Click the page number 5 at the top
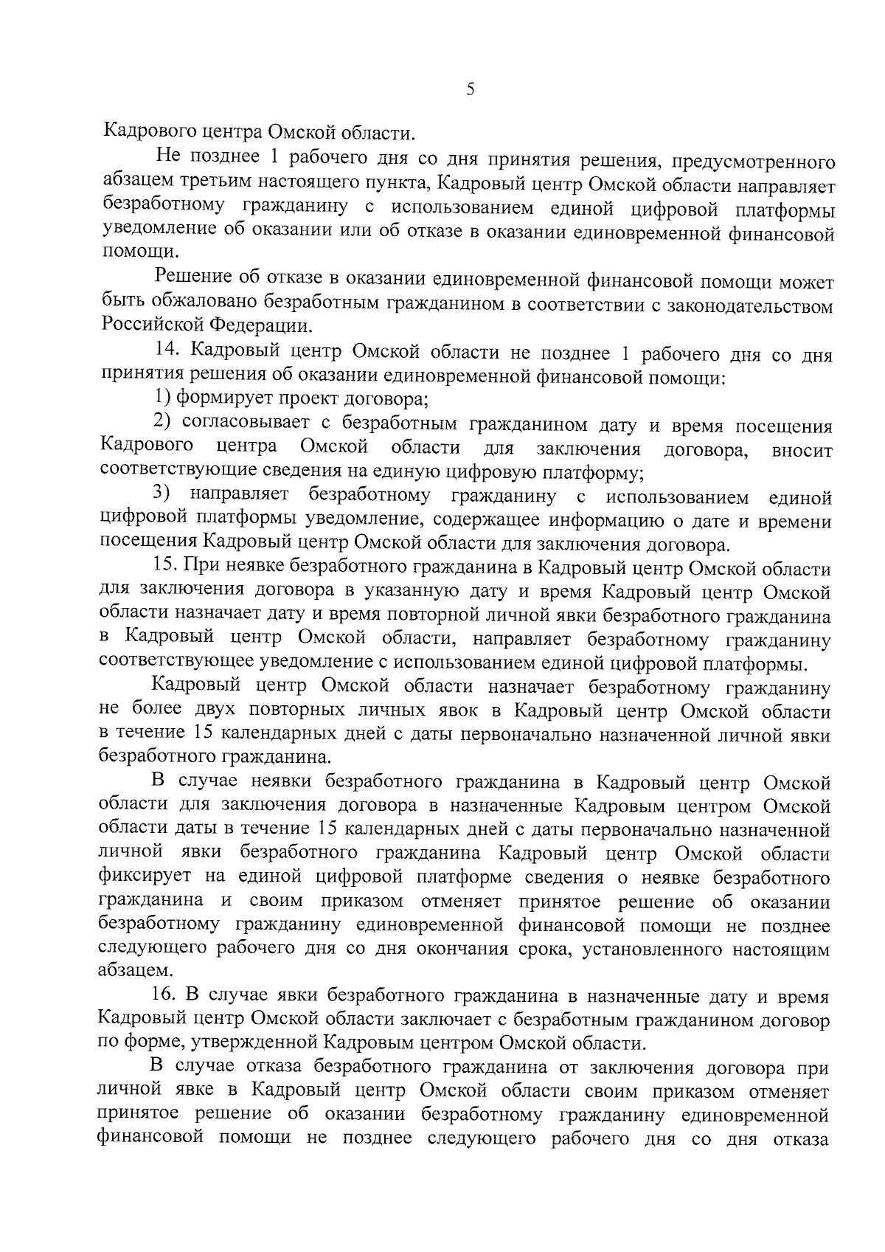pos(470,91)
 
